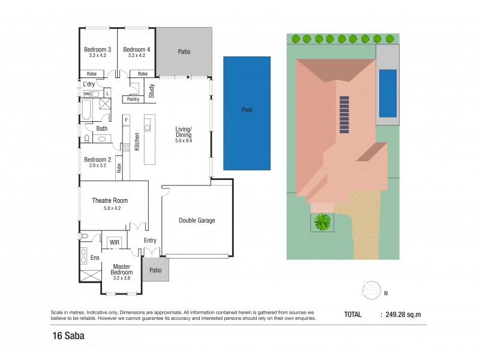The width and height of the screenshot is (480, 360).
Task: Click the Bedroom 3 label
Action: tap(98, 49)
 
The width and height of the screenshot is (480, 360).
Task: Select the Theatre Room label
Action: tap(110, 200)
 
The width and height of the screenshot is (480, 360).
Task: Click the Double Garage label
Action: tap(197, 220)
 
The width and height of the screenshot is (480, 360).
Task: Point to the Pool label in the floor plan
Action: tap(247, 110)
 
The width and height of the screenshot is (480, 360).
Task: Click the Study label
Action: tap(152, 91)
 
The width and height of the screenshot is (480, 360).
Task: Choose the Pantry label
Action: tap(133, 99)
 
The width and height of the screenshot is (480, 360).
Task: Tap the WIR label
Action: tap(115, 243)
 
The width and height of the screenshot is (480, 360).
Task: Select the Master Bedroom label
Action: tap(122, 269)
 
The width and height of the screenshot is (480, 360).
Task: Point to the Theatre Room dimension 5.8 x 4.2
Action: tap(110, 209)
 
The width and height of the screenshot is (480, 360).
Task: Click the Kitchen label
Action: tap(137, 142)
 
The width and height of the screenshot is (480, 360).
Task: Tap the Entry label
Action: tap(150, 241)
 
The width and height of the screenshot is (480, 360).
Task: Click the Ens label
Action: tap(94, 257)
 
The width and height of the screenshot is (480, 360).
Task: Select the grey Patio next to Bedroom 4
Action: tap(184, 52)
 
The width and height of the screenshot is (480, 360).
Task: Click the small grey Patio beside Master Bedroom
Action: tap(155, 270)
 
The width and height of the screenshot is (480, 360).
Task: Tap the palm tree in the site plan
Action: tap(323, 222)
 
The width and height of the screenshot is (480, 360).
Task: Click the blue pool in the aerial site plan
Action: tap(388, 94)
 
